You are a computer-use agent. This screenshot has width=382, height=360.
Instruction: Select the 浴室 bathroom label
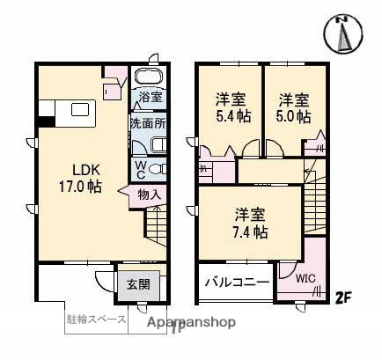click(x=149, y=97)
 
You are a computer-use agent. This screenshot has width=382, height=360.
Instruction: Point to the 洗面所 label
click(x=148, y=124)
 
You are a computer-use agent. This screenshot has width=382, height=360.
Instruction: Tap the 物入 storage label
click(x=149, y=195)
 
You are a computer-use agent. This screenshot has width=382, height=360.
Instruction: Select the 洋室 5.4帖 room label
click(x=231, y=107)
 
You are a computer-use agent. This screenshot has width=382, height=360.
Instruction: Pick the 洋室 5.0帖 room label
click(x=294, y=107)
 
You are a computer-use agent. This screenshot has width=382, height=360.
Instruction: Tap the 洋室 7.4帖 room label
click(x=251, y=224)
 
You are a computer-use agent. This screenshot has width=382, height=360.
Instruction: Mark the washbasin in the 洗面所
click(x=159, y=144)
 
